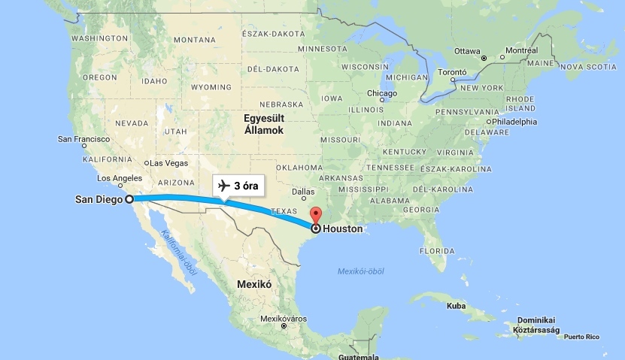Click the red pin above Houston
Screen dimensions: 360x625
tap(315, 213)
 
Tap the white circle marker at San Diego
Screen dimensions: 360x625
tap(129, 199)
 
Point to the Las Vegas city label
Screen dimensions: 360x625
tap(168, 163)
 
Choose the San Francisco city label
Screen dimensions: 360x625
tap(84, 139)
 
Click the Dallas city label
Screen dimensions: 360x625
tap(303, 191)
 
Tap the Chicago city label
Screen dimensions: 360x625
tap(382, 94)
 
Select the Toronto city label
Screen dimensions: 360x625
tap(453, 72)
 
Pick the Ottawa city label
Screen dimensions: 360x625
tap(467, 51)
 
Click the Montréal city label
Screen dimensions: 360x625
tap(522, 50)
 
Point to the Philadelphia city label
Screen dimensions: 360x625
tap(514, 121)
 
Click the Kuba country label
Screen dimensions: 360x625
tap(457, 306)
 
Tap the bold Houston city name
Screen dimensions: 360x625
tap(342, 228)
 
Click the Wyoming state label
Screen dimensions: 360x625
tap(190, 87)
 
